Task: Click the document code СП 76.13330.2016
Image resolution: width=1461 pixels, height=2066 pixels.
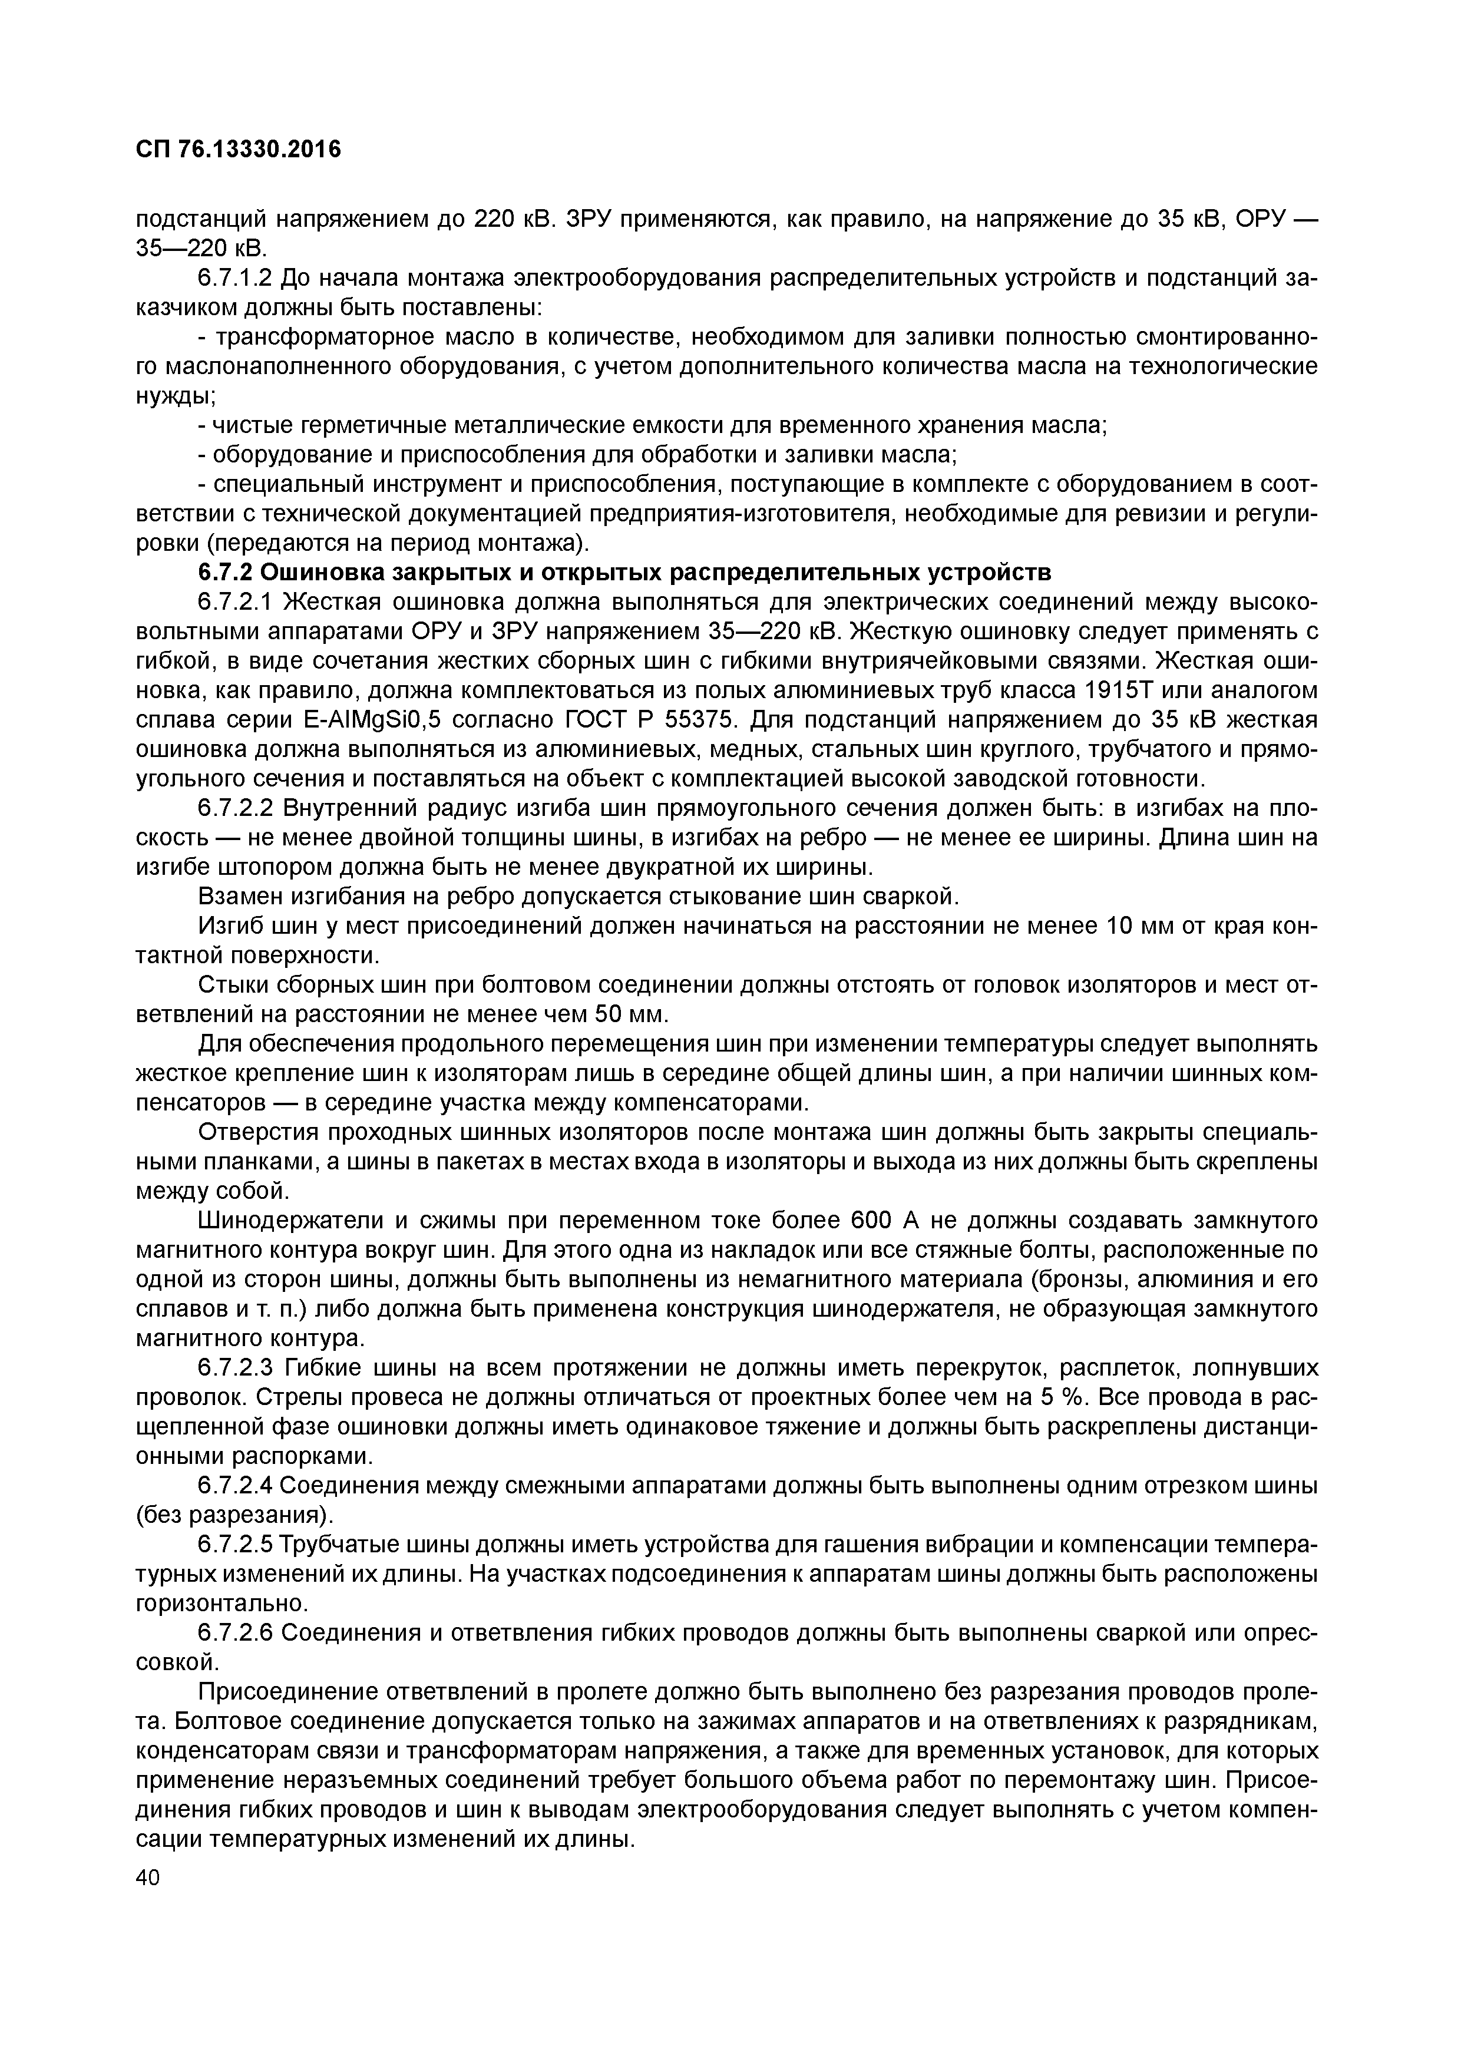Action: click(239, 150)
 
